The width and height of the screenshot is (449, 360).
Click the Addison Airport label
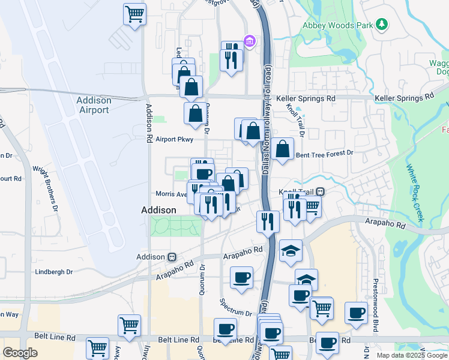(x=93, y=105)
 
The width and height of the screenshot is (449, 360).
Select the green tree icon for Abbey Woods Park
(x=381, y=25)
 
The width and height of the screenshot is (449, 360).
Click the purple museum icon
(x=250, y=42)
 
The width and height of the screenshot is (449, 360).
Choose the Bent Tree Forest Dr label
(x=325, y=154)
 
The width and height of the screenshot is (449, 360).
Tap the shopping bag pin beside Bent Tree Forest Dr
(x=282, y=149)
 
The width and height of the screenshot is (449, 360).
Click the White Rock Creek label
(x=415, y=193)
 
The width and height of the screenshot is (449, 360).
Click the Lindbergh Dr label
(x=54, y=272)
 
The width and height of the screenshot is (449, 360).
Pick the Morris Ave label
(x=171, y=194)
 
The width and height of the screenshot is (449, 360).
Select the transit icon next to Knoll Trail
(x=321, y=192)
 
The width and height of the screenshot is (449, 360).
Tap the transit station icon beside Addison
(x=172, y=256)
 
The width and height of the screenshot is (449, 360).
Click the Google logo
(x=19, y=353)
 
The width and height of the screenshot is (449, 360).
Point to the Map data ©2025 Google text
(x=411, y=355)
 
